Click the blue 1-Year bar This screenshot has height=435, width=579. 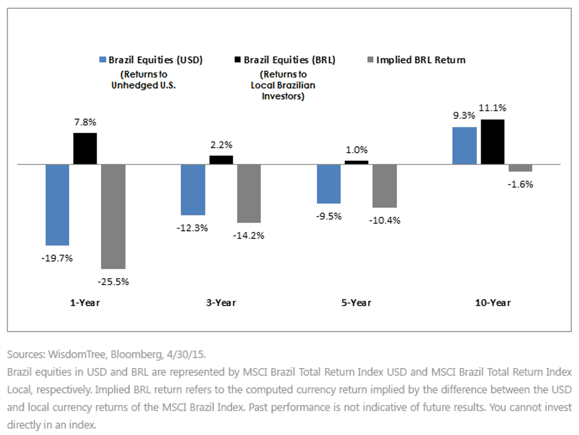[x=57, y=205]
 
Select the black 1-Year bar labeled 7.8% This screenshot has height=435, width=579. [x=85, y=149]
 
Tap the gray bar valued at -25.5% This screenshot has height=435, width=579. [x=113, y=217]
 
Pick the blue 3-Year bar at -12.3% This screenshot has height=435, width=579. [x=193, y=190]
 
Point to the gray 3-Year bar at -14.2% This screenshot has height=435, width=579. [x=249, y=194]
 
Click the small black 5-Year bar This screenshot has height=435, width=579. [x=357, y=163]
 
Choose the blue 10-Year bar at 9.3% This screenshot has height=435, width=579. [x=465, y=146]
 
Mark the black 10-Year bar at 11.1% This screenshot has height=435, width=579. [x=493, y=142]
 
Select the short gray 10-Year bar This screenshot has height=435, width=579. [x=520, y=168]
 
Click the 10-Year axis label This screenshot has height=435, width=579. [x=493, y=303]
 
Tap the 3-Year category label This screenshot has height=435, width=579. [x=221, y=303]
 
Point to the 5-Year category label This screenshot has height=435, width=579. [x=356, y=303]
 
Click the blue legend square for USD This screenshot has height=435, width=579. [x=103, y=60]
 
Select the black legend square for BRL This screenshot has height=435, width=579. [x=238, y=60]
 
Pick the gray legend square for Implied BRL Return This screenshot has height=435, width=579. [x=371, y=60]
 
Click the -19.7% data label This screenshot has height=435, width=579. [x=57, y=258]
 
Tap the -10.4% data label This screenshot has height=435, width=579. [x=385, y=220]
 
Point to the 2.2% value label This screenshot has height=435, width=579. [x=221, y=145]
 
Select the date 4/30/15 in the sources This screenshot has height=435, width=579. [x=186, y=354]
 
